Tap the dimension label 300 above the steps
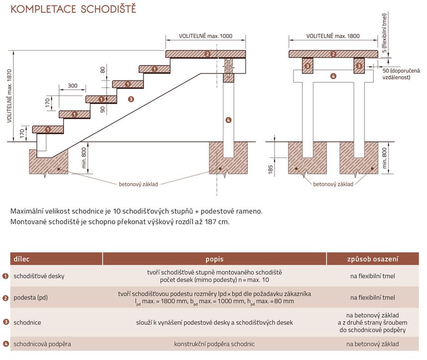coord(72,86)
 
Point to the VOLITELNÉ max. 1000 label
coord(206,36)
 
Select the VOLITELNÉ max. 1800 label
coord(333,36)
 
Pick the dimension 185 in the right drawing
coord(271,170)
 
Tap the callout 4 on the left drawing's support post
coord(228,120)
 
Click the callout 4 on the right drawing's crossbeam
coord(333,76)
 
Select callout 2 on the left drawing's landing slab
coord(208,54)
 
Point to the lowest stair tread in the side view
coord(48,130)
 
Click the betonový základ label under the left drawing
coord(138,184)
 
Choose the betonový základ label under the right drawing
coord(333,184)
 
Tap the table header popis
coord(214,259)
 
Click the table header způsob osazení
coord(373,259)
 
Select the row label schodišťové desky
coord(39,276)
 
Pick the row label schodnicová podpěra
coord(42,344)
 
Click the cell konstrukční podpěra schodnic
coord(214,344)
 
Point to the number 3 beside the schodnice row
coord(5,322)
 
